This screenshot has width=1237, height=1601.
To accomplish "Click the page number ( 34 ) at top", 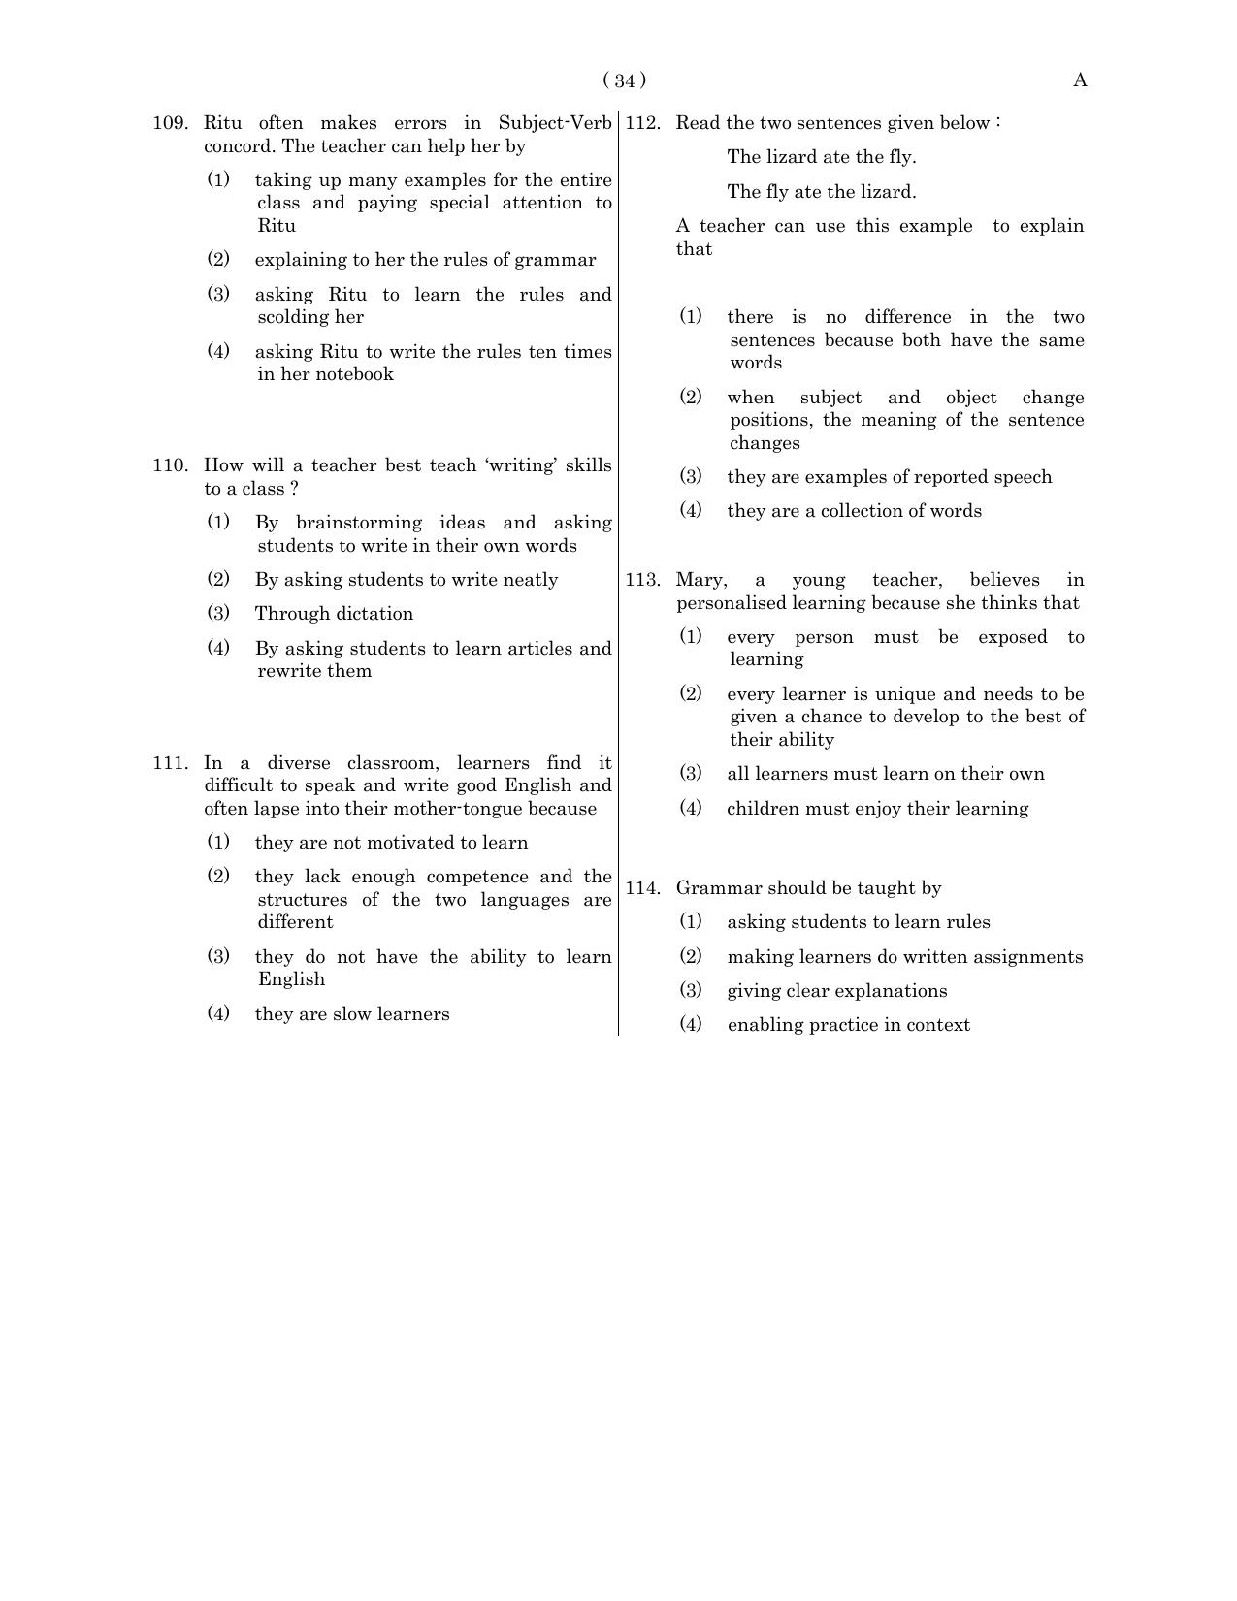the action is (624, 80).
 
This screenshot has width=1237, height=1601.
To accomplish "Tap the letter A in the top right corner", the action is (1080, 80).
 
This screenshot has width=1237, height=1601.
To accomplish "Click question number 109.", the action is (170, 123).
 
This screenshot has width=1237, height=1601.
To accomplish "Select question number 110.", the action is (170, 465).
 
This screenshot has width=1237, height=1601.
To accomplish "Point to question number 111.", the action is (170, 763).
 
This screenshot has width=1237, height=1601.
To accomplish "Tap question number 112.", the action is (642, 123).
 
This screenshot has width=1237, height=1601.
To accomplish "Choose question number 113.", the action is (642, 580).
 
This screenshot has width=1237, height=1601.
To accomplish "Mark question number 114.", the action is (642, 888).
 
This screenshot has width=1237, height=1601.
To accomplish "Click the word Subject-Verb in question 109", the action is (555, 123).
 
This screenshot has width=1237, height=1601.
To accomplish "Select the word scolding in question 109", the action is (294, 317).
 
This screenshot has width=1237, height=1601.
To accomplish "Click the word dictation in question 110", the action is (373, 614).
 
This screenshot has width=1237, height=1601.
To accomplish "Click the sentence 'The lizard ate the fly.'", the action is (821, 157).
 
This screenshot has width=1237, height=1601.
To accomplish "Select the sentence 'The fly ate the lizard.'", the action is (821, 192).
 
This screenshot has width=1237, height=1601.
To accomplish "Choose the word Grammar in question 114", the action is (713, 888).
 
